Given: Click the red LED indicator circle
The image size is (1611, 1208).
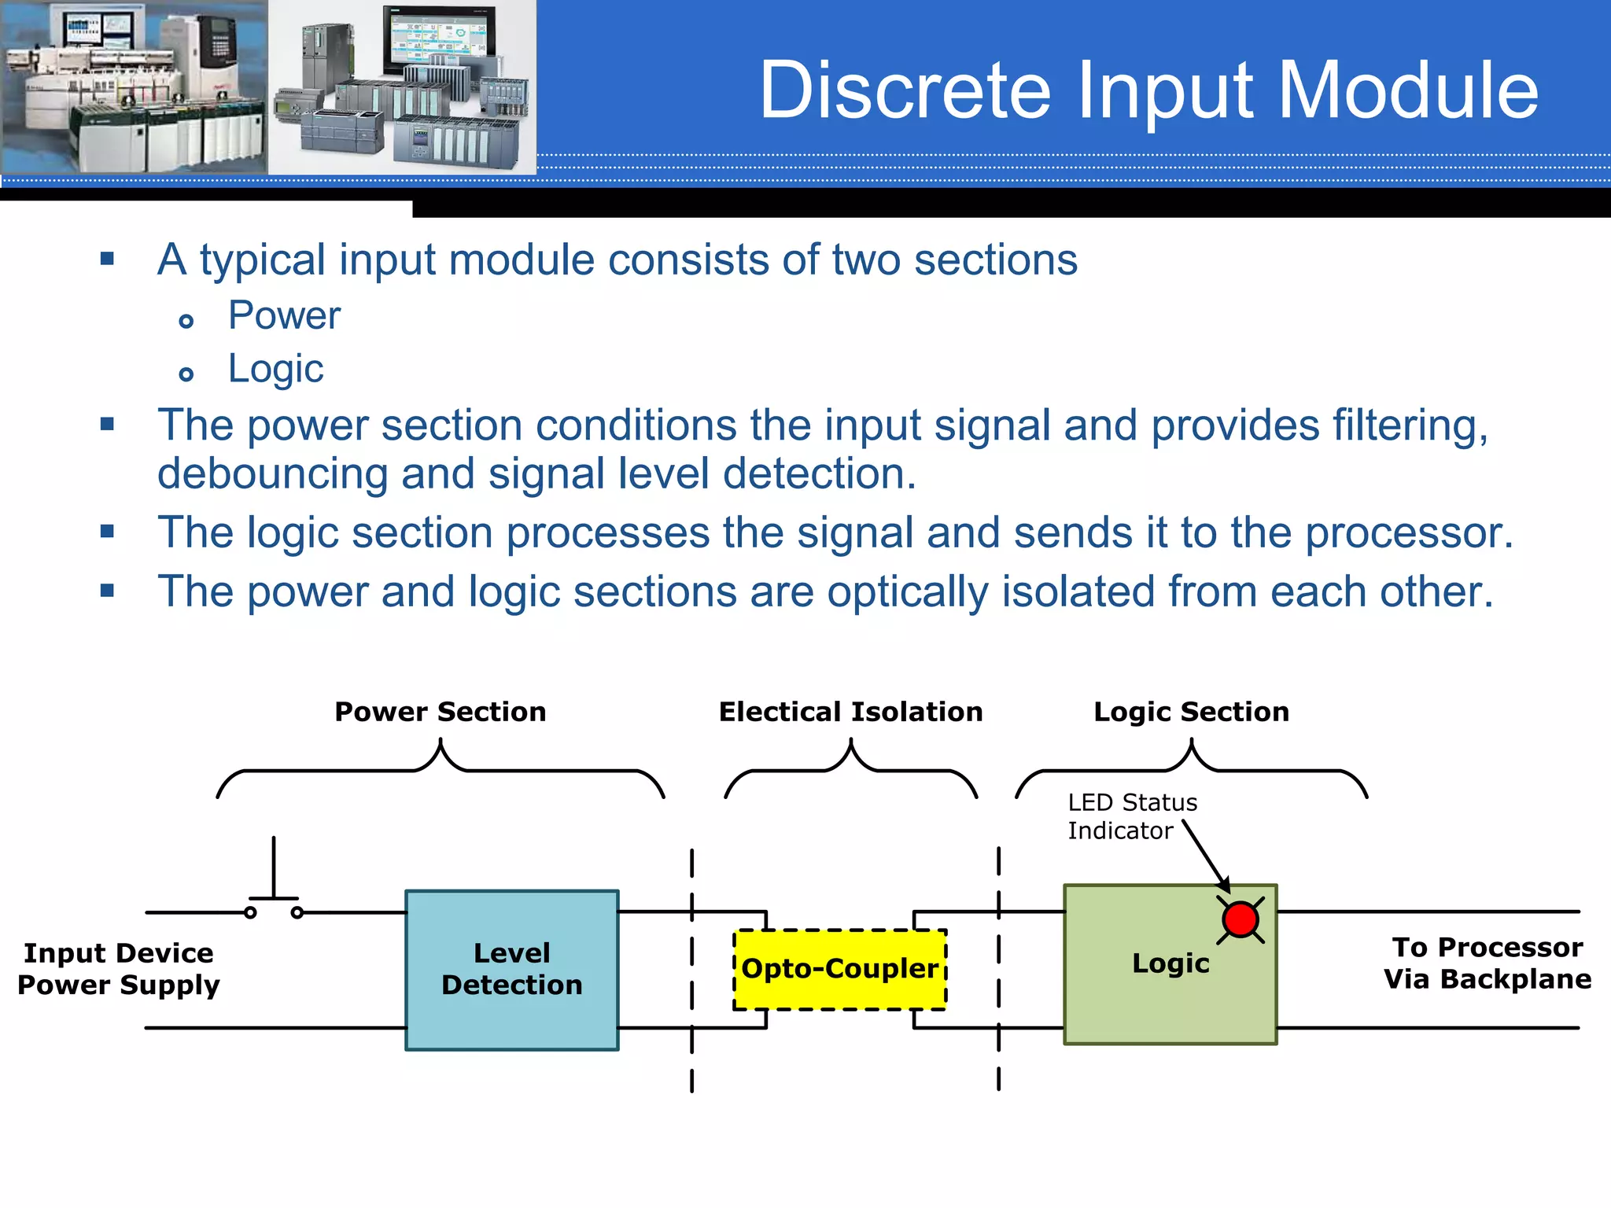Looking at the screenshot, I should click(1241, 919).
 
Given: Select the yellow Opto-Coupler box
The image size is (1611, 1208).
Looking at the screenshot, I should click(839, 969).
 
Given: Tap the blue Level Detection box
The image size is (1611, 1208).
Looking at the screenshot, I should click(511, 969).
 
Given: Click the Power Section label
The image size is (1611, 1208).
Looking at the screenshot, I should click(440, 712).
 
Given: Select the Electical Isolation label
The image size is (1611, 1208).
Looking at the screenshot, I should click(850, 712).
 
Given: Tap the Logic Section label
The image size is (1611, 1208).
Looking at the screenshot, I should click(1191, 712).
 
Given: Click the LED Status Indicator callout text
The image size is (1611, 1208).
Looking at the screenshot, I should click(1131, 816).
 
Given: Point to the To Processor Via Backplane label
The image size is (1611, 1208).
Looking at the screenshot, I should click(1487, 963).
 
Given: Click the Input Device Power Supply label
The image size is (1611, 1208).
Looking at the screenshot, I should click(118, 969).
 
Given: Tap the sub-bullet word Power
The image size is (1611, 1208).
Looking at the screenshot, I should click(284, 315).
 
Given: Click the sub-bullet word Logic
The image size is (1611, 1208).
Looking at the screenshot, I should click(275, 369).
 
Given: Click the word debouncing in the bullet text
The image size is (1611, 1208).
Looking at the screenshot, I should click(272, 474).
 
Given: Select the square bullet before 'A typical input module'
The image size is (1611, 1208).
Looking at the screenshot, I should click(108, 258).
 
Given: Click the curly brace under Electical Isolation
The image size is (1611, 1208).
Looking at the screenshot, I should click(850, 769).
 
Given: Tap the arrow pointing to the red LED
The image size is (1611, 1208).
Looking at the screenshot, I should click(1205, 854).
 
